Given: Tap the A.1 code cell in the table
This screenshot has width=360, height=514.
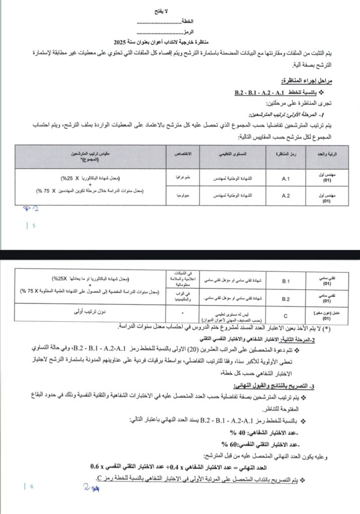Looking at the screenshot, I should (287, 178).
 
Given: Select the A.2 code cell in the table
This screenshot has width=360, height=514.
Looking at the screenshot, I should (287, 195).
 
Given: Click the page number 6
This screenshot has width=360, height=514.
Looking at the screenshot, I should (31, 486).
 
